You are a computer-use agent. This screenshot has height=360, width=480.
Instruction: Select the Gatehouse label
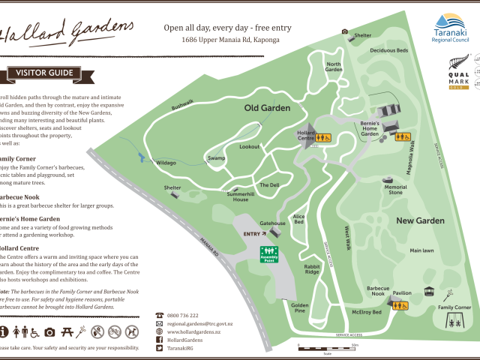pyautogui.click(x=272, y=223)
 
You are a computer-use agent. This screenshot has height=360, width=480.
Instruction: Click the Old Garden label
pyautogui.click(x=267, y=108)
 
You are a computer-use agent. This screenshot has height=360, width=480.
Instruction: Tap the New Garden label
pyautogui.click(x=421, y=220)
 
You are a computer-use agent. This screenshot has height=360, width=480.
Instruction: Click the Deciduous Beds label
pyautogui.click(x=388, y=51)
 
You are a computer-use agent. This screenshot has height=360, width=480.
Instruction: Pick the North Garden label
pyautogui.click(x=333, y=67)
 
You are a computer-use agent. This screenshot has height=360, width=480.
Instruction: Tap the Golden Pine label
pyautogui.click(x=300, y=308)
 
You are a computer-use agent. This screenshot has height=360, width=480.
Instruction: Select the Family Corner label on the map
pyautogui.click(x=454, y=307)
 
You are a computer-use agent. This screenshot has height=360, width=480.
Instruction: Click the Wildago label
pyautogui.click(x=166, y=163)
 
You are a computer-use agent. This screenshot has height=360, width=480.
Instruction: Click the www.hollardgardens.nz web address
pyautogui.click(x=193, y=331)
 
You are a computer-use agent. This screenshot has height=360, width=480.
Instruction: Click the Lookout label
pyautogui.click(x=250, y=147)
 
